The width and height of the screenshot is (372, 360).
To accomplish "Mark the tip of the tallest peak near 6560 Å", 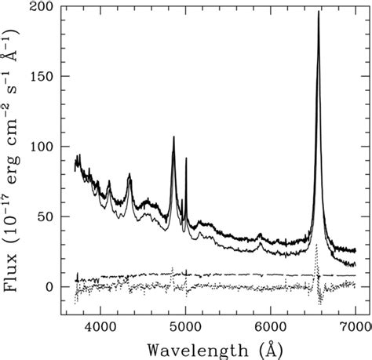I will tap(318, 11).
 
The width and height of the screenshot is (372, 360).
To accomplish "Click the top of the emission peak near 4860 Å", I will tap(173, 136).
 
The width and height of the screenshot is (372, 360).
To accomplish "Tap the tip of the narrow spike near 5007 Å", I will tap(186, 158).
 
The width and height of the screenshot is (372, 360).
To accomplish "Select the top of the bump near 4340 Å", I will tap(129, 178).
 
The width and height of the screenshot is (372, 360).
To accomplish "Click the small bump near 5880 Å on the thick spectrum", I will tap(260, 234).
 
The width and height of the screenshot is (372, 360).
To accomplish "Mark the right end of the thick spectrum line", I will tap(356, 251).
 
